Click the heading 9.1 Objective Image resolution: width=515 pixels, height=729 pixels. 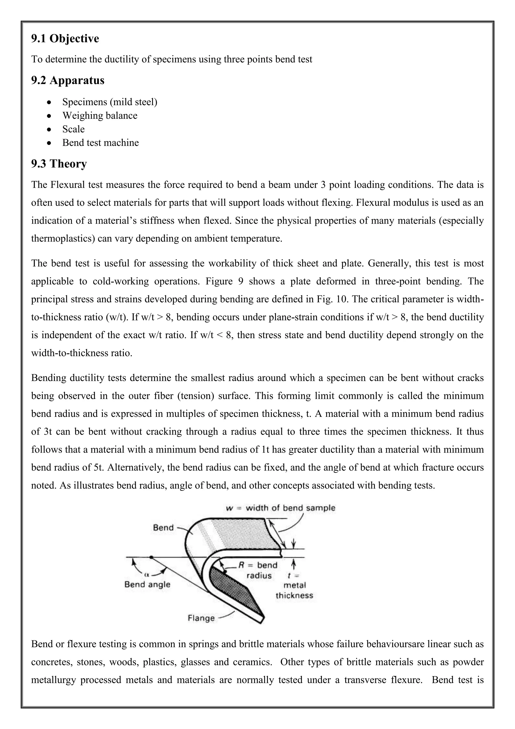coord(65,39)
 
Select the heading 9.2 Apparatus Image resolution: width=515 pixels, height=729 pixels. coord(68,80)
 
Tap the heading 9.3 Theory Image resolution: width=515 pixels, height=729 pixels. coord(59,164)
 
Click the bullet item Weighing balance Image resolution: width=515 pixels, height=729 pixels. coord(100,115)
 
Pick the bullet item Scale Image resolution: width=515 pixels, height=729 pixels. coord(73,129)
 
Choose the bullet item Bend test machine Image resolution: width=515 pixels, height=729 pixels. coord(100,142)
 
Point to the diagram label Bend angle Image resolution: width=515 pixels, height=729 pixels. coord(147,584)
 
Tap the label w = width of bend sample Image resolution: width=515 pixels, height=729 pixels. coord(280,507)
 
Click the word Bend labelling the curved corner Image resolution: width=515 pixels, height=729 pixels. coord(163,527)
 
